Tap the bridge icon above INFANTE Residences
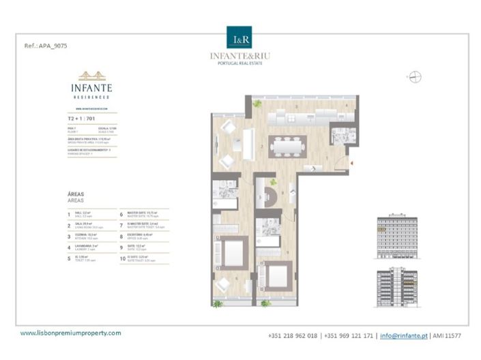[91, 76]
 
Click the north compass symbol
[413, 77]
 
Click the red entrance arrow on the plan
[351, 162]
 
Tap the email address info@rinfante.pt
[404, 335]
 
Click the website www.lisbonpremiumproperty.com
[70, 333]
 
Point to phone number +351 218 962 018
[294, 335]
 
